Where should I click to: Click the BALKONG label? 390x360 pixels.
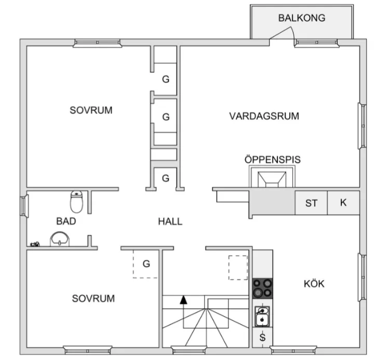(x=301, y=18)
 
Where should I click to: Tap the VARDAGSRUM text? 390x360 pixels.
(x=264, y=116)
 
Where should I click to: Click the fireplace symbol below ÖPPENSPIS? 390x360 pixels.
(x=272, y=179)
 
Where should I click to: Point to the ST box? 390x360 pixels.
(x=311, y=203)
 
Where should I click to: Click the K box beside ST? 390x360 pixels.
(x=343, y=203)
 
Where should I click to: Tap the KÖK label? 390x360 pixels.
(x=314, y=284)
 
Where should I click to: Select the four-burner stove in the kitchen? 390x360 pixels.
(x=262, y=288)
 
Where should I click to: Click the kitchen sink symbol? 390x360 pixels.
(x=262, y=316)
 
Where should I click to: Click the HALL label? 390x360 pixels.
(x=170, y=221)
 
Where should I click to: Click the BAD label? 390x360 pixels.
(x=66, y=221)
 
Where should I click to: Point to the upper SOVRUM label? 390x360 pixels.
(x=91, y=110)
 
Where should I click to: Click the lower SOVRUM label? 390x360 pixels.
(x=93, y=299)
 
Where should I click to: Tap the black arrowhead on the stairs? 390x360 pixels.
(x=183, y=299)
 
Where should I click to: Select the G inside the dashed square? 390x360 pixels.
(x=146, y=264)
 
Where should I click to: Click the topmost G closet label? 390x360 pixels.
(x=166, y=79)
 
